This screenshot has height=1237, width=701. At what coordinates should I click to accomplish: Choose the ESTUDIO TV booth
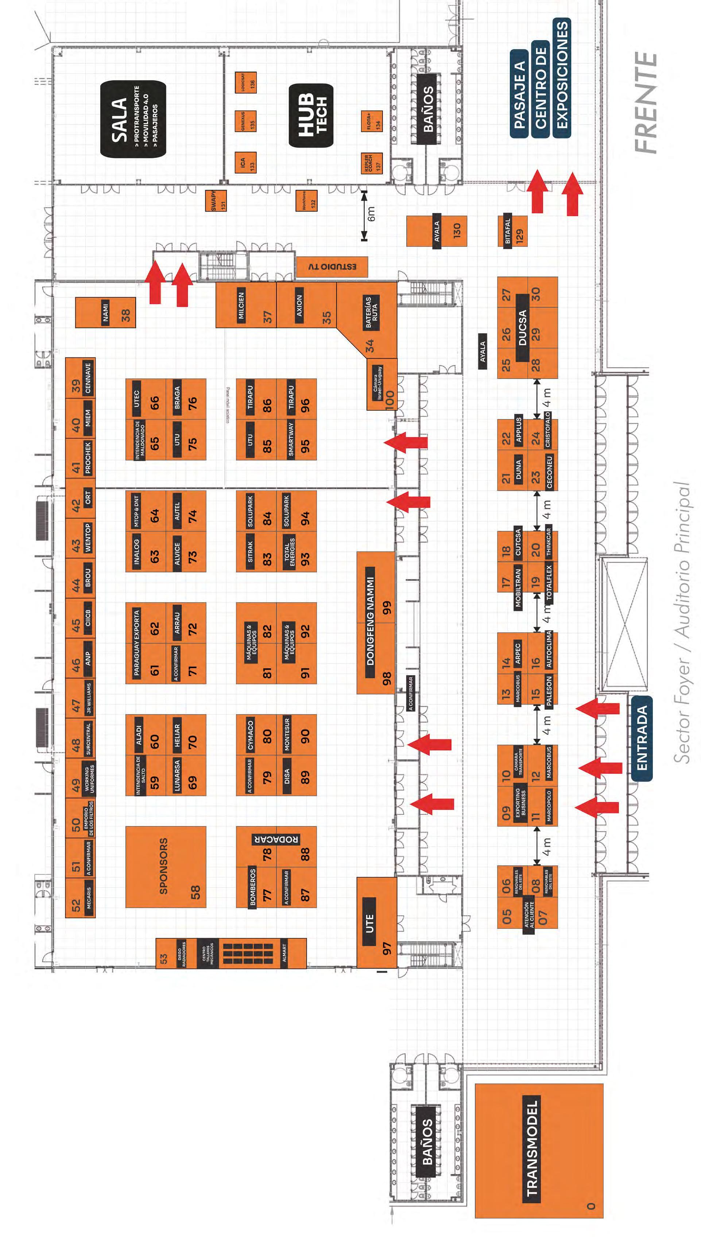point(332,266)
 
